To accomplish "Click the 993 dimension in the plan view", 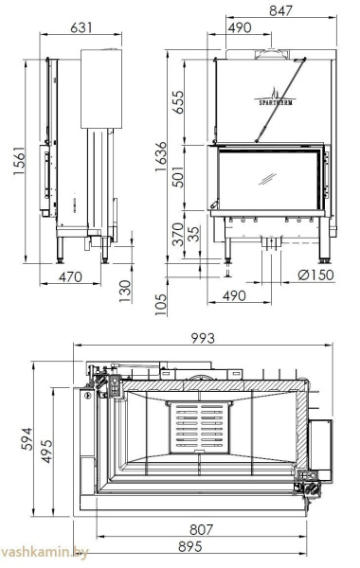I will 203,338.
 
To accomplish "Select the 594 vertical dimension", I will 27,437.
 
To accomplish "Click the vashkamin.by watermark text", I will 37,556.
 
